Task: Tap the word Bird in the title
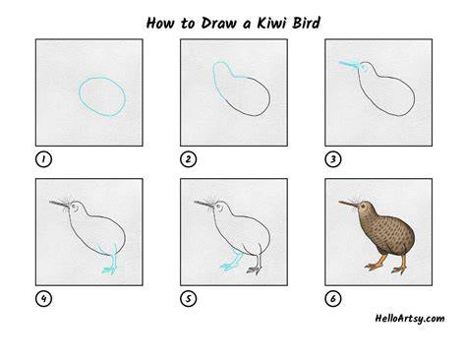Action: tap(307, 23)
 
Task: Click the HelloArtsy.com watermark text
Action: tap(410, 319)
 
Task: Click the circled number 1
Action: tap(43, 159)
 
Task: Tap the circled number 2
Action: tap(188, 159)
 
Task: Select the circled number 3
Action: tap(333, 159)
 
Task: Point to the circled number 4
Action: tap(43, 299)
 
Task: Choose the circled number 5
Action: tap(188, 299)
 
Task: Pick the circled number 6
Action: tap(333, 299)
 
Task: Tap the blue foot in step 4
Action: tap(110, 270)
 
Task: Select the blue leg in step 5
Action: tap(233, 260)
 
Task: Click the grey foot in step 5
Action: tap(255, 270)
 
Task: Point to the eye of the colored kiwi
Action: tap(363, 207)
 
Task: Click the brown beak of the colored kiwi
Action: tap(348, 205)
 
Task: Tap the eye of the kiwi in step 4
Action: tap(74, 207)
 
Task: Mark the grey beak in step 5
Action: tap(204, 205)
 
